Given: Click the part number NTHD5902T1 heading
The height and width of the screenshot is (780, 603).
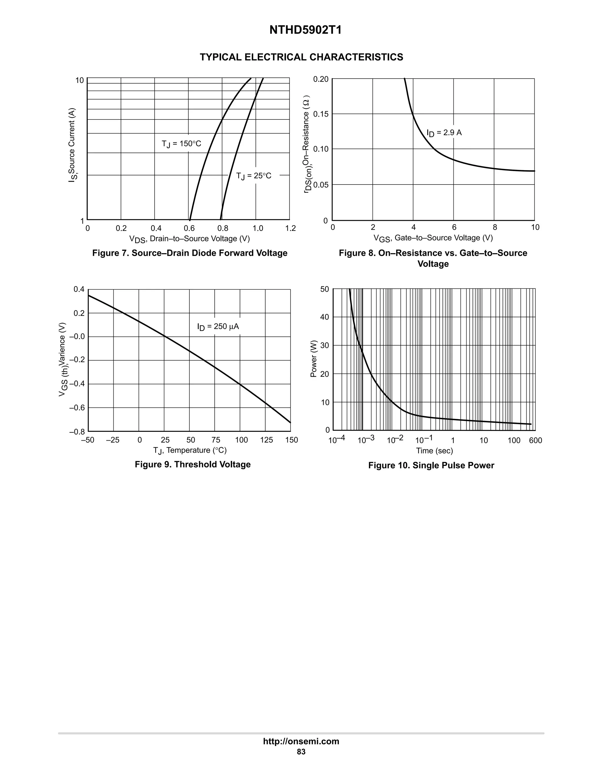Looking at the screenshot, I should point(305,30).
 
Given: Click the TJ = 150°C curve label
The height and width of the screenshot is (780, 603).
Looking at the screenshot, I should point(181,144).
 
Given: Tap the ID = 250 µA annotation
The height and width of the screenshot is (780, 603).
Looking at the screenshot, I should point(218,327).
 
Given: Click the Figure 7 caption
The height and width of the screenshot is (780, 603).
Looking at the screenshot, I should point(190,253).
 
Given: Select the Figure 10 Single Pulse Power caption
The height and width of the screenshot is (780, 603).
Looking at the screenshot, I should point(431,465).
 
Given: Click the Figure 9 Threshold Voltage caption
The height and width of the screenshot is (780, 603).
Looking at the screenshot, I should point(193,464).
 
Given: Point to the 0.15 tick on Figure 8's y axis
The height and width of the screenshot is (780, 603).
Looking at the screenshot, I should point(320,114).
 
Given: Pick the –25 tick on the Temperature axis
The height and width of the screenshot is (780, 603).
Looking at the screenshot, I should point(112,440).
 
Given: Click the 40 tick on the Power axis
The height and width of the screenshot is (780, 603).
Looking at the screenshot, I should point(324,317).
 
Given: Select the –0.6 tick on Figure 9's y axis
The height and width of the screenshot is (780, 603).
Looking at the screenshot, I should point(77,408).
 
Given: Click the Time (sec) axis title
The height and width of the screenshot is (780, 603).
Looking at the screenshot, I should point(434,451).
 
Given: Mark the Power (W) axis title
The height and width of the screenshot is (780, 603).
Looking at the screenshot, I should point(314,359).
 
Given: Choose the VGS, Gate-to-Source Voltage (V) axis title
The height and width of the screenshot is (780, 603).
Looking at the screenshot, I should point(433,238).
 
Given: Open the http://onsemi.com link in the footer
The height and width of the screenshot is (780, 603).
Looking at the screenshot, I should point(301,741).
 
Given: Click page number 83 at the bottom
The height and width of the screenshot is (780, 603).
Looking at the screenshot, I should point(301,752).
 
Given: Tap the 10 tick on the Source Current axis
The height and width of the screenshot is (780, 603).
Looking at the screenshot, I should point(79,81).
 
